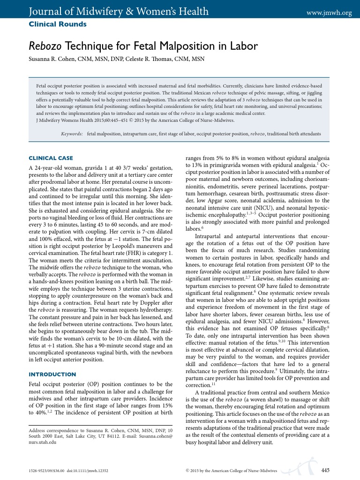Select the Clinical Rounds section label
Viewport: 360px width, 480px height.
pos(58,24)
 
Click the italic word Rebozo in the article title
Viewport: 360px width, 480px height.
pos(45,46)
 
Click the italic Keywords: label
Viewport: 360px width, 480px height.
pos(72,134)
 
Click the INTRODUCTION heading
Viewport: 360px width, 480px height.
pos(52,374)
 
